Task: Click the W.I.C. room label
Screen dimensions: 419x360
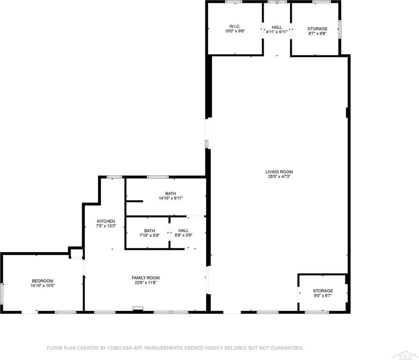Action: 235,26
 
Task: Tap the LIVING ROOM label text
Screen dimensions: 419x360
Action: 279,172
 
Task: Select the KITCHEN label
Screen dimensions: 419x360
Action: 106,221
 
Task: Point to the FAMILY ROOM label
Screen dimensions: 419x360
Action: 145,278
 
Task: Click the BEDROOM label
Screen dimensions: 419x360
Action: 43,281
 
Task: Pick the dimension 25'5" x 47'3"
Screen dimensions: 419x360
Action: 279,176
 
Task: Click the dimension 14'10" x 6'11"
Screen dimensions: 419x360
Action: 171,198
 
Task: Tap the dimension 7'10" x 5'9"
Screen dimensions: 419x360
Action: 150,235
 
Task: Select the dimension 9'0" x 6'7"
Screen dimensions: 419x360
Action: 323,295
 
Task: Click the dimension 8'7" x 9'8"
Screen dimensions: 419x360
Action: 317,33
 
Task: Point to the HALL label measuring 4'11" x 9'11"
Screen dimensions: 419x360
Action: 277,27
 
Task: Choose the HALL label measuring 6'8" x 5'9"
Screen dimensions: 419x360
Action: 183,231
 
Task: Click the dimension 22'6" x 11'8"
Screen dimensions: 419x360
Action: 145,282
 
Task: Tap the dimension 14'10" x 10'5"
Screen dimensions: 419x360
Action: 43,285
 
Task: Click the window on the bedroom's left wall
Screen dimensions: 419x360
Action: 1,293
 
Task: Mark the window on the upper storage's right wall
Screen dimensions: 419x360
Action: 340,28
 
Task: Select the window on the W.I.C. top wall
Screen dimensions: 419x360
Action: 234,2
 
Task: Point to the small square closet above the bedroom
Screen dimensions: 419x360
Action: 76,253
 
